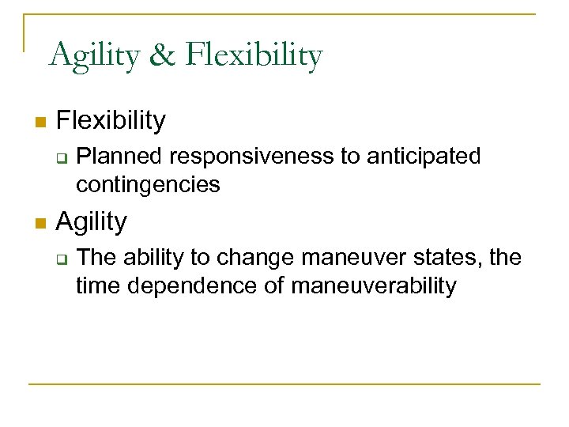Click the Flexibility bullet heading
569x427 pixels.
pos(111,121)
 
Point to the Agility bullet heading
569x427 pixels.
pos(92,222)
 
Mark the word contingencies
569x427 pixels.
pos(148,185)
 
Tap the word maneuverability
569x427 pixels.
pos(374,285)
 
